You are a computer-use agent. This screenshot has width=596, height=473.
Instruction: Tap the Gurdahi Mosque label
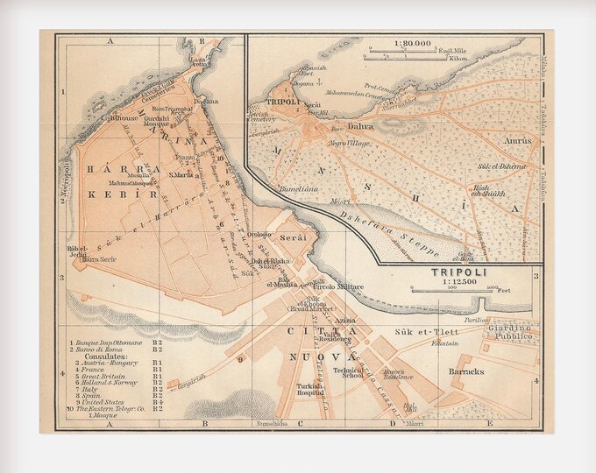click(157, 120)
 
